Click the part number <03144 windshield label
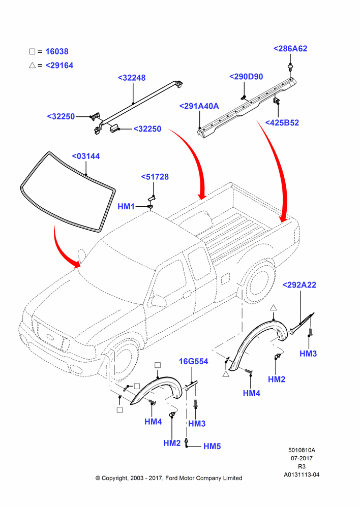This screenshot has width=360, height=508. click(86, 156)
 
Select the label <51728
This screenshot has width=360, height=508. click(155, 177)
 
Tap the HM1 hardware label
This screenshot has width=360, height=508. click(126, 206)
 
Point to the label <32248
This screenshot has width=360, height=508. click(132, 78)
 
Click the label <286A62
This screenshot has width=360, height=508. click(290, 49)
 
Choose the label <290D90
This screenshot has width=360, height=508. click(246, 77)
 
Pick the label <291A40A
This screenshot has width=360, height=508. click(199, 106)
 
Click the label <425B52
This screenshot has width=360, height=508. click(282, 123)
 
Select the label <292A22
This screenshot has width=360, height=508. click(299, 285)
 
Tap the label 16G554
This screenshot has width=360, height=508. click(194, 361)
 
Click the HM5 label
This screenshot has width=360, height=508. click(212, 446)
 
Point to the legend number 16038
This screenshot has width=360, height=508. click(57, 51)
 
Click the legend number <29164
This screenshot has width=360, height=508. click(59, 66)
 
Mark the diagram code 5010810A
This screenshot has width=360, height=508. click(302, 450)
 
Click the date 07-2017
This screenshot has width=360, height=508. click(302, 458)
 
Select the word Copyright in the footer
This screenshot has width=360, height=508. click(114, 478)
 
